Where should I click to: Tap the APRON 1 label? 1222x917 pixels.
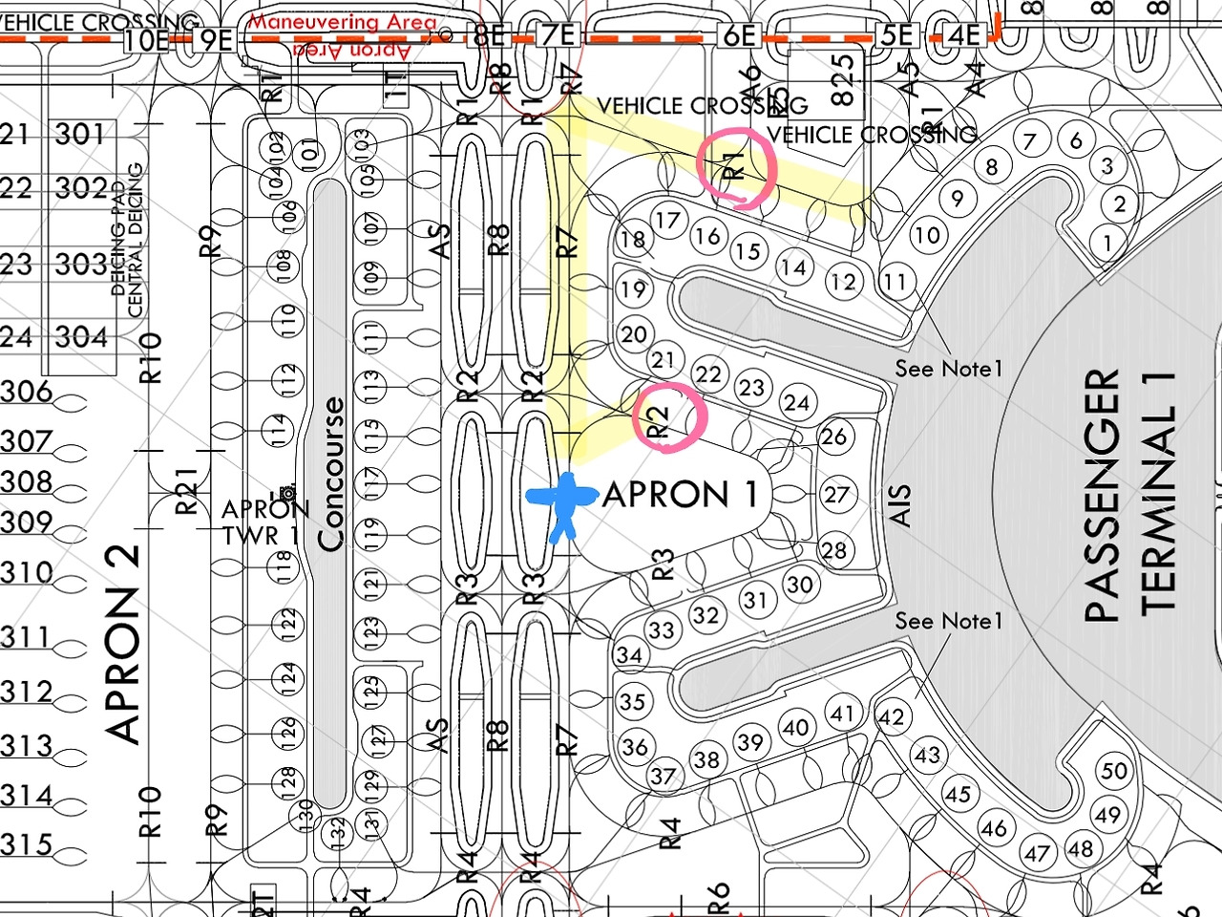point(681,495)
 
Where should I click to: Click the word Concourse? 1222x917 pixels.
point(330,475)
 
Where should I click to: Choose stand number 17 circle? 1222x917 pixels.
point(667,221)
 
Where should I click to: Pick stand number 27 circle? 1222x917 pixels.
point(836,495)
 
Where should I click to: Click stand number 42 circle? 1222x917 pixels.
point(891,716)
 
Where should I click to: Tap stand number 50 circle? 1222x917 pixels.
point(1114,771)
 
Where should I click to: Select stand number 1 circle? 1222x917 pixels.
point(1107,244)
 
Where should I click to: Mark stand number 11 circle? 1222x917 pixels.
point(894,282)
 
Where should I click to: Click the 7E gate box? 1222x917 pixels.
point(558,35)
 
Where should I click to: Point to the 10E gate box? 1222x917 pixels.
point(146,39)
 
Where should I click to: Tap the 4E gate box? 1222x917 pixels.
point(964,35)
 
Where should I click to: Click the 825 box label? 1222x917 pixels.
point(841,78)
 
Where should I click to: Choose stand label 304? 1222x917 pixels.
point(81,337)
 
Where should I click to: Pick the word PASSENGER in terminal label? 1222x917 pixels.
point(1102,497)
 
